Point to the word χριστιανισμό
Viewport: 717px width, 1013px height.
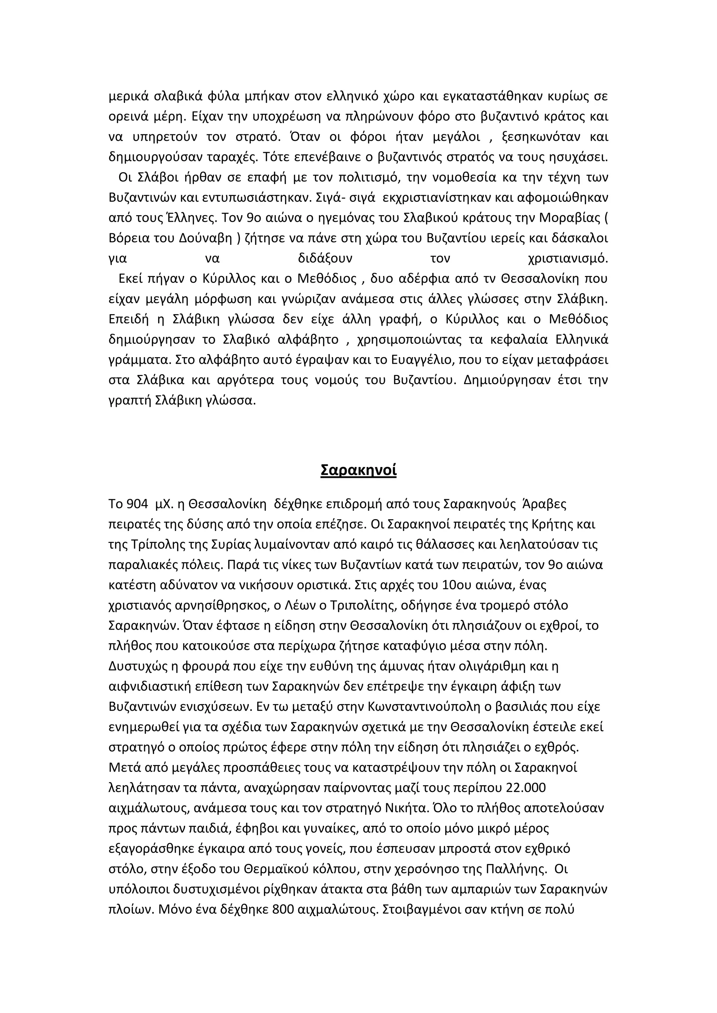click(x=568, y=258)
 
